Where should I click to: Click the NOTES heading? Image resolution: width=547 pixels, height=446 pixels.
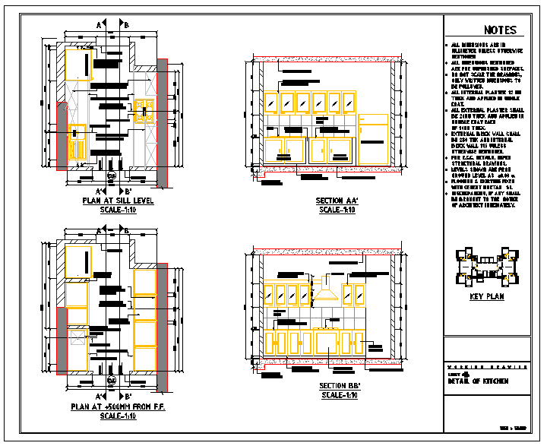tap(499, 30)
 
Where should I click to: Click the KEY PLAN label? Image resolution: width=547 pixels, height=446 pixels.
tap(486, 297)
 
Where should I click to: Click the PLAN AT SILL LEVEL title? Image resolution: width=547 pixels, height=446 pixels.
tap(118, 201)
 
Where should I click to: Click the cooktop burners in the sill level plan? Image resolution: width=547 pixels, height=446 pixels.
tap(142, 111)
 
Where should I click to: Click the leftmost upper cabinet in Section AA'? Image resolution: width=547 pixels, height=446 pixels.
tap(273, 102)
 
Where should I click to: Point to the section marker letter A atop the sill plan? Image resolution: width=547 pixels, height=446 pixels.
tap(99, 25)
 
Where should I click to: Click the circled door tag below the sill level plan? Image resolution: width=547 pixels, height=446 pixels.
tap(112, 176)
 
